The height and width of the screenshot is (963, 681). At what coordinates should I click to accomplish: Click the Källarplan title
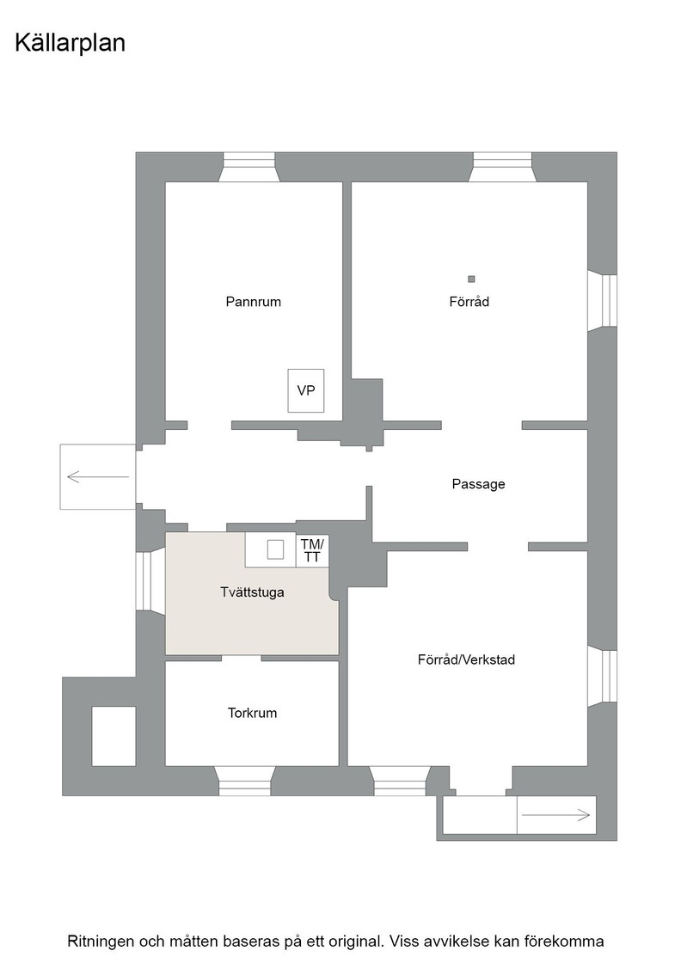pyautogui.click(x=70, y=44)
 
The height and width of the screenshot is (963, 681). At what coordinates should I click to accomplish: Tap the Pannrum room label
pyautogui.click(x=253, y=302)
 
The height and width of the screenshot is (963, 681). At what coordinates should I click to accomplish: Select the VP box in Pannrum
pyautogui.click(x=306, y=390)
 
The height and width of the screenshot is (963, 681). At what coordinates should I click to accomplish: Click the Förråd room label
pyautogui.click(x=469, y=302)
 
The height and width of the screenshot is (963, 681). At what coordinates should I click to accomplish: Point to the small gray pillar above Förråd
pyautogui.click(x=471, y=279)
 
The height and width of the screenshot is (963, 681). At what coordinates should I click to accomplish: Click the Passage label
pyautogui.click(x=478, y=484)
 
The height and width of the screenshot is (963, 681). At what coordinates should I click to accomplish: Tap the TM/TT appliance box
pyautogui.click(x=312, y=550)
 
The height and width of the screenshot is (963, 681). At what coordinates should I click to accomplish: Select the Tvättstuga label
pyautogui.click(x=252, y=592)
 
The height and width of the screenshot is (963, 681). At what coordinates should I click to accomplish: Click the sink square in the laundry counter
pyautogui.click(x=275, y=549)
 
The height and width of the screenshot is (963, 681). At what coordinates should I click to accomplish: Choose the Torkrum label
pyautogui.click(x=252, y=713)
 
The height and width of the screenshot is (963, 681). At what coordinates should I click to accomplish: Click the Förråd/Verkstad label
pyautogui.click(x=466, y=659)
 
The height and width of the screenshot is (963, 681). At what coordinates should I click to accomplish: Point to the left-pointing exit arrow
pyautogui.click(x=98, y=476)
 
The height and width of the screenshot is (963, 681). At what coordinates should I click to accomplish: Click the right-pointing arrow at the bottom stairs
pyautogui.click(x=555, y=815)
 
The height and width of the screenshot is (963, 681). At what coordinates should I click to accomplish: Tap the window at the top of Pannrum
pyautogui.click(x=249, y=167)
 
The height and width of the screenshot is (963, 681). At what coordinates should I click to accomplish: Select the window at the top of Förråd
pyautogui.click(x=502, y=167)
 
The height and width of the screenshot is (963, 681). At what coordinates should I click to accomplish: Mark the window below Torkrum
pyautogui.click(x=245, y=782)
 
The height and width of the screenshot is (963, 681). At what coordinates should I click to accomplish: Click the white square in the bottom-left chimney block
pyautogui.click(x=113, y=736)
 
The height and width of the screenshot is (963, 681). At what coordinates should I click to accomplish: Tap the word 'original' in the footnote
pyautogui.click(x=351, y=941)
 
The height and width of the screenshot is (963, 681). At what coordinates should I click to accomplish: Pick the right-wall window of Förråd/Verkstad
pyautogui.click(x=602, y=676)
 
